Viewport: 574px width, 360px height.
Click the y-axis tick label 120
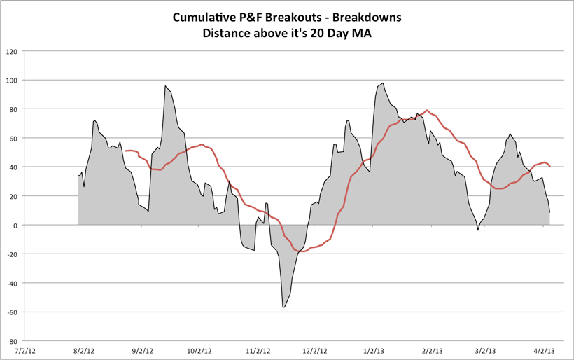(12, 51)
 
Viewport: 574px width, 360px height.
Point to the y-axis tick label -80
(12, 341)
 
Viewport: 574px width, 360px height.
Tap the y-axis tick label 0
(15, 226)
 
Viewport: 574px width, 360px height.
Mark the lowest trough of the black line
(283, 307)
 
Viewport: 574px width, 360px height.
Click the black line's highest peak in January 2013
(383, 83)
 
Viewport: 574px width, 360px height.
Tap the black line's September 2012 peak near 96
(165, 86)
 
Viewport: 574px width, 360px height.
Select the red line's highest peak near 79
(426, 111)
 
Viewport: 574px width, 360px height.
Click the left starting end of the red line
(125, 151)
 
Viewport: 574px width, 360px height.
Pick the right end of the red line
(550, 166)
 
